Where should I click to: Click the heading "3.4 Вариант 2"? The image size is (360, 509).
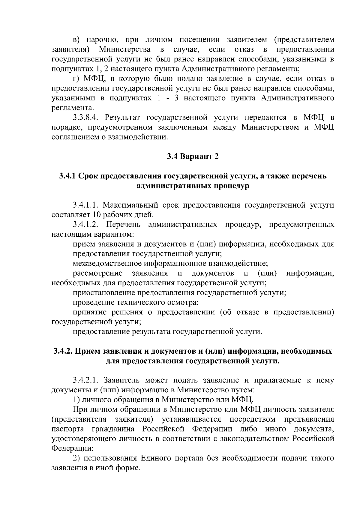(193, 156)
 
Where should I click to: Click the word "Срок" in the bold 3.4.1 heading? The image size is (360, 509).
(89, 176)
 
